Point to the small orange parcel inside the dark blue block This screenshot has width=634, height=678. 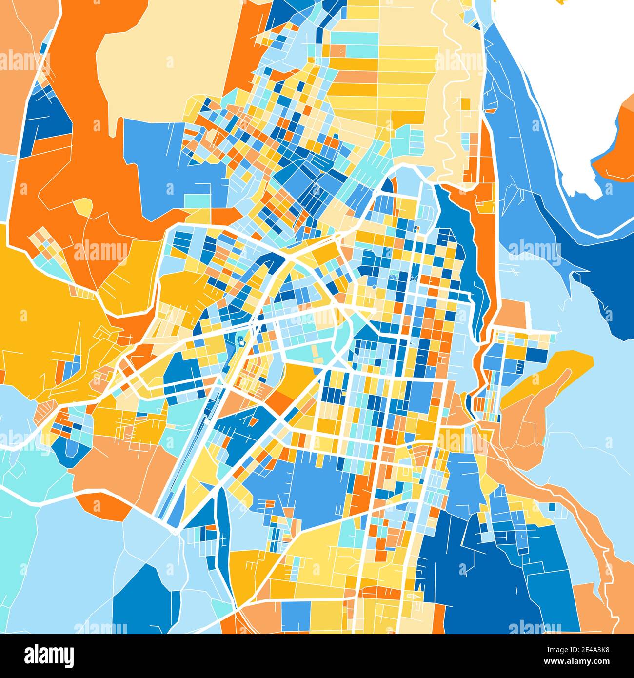pyautogui.click(x=254, y=420)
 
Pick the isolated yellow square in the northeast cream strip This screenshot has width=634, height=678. pyautogui.click(x=466, y=104)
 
